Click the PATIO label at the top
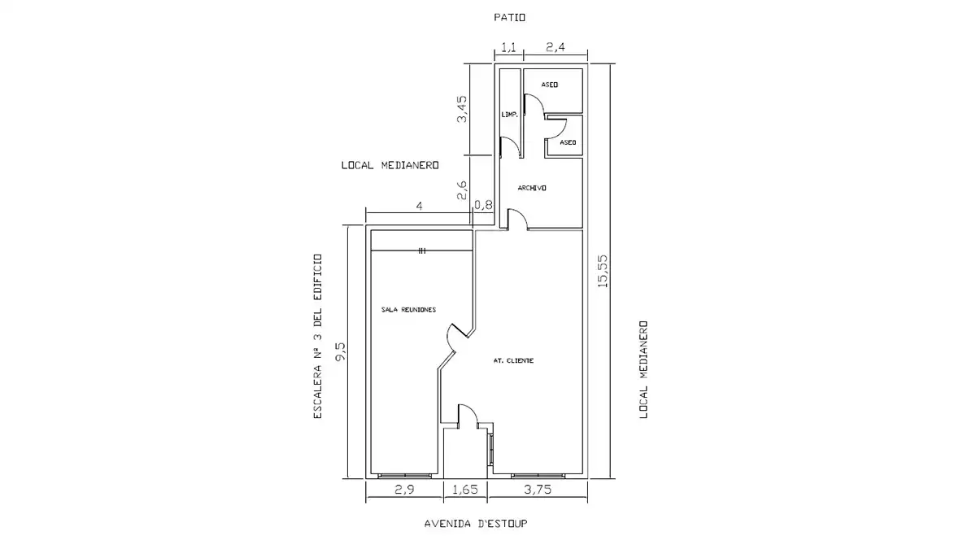[509, 17]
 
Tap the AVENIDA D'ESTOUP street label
[476, 523]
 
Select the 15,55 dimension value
[603, 271]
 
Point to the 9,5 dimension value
[340, 351]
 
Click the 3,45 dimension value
[461, 109]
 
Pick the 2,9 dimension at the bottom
[404, 490]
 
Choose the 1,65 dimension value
[465, 490]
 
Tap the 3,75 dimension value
[538, 490]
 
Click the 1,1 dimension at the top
[508, 47]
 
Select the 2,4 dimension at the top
[556, 47]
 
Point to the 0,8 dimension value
[483, 204]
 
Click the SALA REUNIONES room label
[408, 310]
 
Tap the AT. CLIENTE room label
[513, 361]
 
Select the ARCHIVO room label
[532, 188]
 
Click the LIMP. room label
[509, 115]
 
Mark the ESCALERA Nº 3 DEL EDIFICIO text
[318, 337]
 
